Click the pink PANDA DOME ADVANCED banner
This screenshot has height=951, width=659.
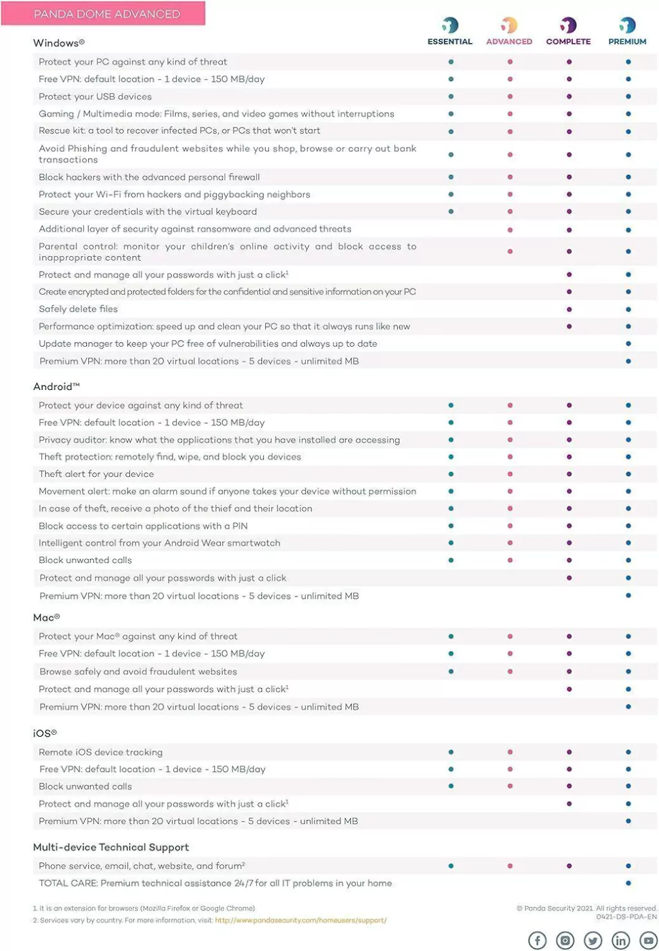coord(103,14)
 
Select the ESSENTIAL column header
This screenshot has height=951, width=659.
coord(450,41)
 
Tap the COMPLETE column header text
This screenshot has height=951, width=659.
coord(568,41)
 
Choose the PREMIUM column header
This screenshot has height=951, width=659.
coord(627,41)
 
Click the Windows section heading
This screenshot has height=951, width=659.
coord(59,43)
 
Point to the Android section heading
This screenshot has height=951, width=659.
coord(57,387)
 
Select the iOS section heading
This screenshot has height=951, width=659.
coord(45,734)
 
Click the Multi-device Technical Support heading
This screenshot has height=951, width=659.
coord(111,847)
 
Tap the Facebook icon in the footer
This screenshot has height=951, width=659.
coord(537,940)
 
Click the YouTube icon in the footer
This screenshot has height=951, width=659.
coord(649,940)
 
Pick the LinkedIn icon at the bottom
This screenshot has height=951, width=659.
coord(620,940)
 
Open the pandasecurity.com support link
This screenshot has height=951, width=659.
coord(301,920)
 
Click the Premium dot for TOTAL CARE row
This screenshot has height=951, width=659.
coord(628,883)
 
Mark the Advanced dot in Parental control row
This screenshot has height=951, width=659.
coord(510,252)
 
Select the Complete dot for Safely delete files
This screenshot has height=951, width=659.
coord(569,309)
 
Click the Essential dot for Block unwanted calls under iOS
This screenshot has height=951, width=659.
coord(450,786)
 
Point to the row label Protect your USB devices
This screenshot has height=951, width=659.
coord(95,97)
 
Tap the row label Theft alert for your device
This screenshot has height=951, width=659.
coord(96,474)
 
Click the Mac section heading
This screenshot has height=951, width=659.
coord(46,618)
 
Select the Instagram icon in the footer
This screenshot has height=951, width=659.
coord(565,940)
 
